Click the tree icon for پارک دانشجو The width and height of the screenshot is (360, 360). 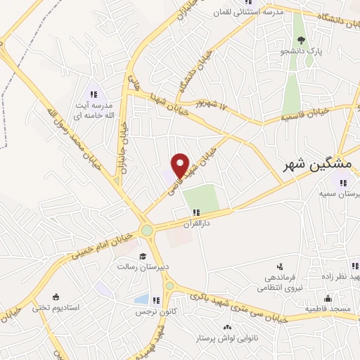click(x=301, y=39)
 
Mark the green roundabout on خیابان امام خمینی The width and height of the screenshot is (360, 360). click(x=146, y=230)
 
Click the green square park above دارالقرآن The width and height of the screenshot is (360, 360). click(x=202, y=198)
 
